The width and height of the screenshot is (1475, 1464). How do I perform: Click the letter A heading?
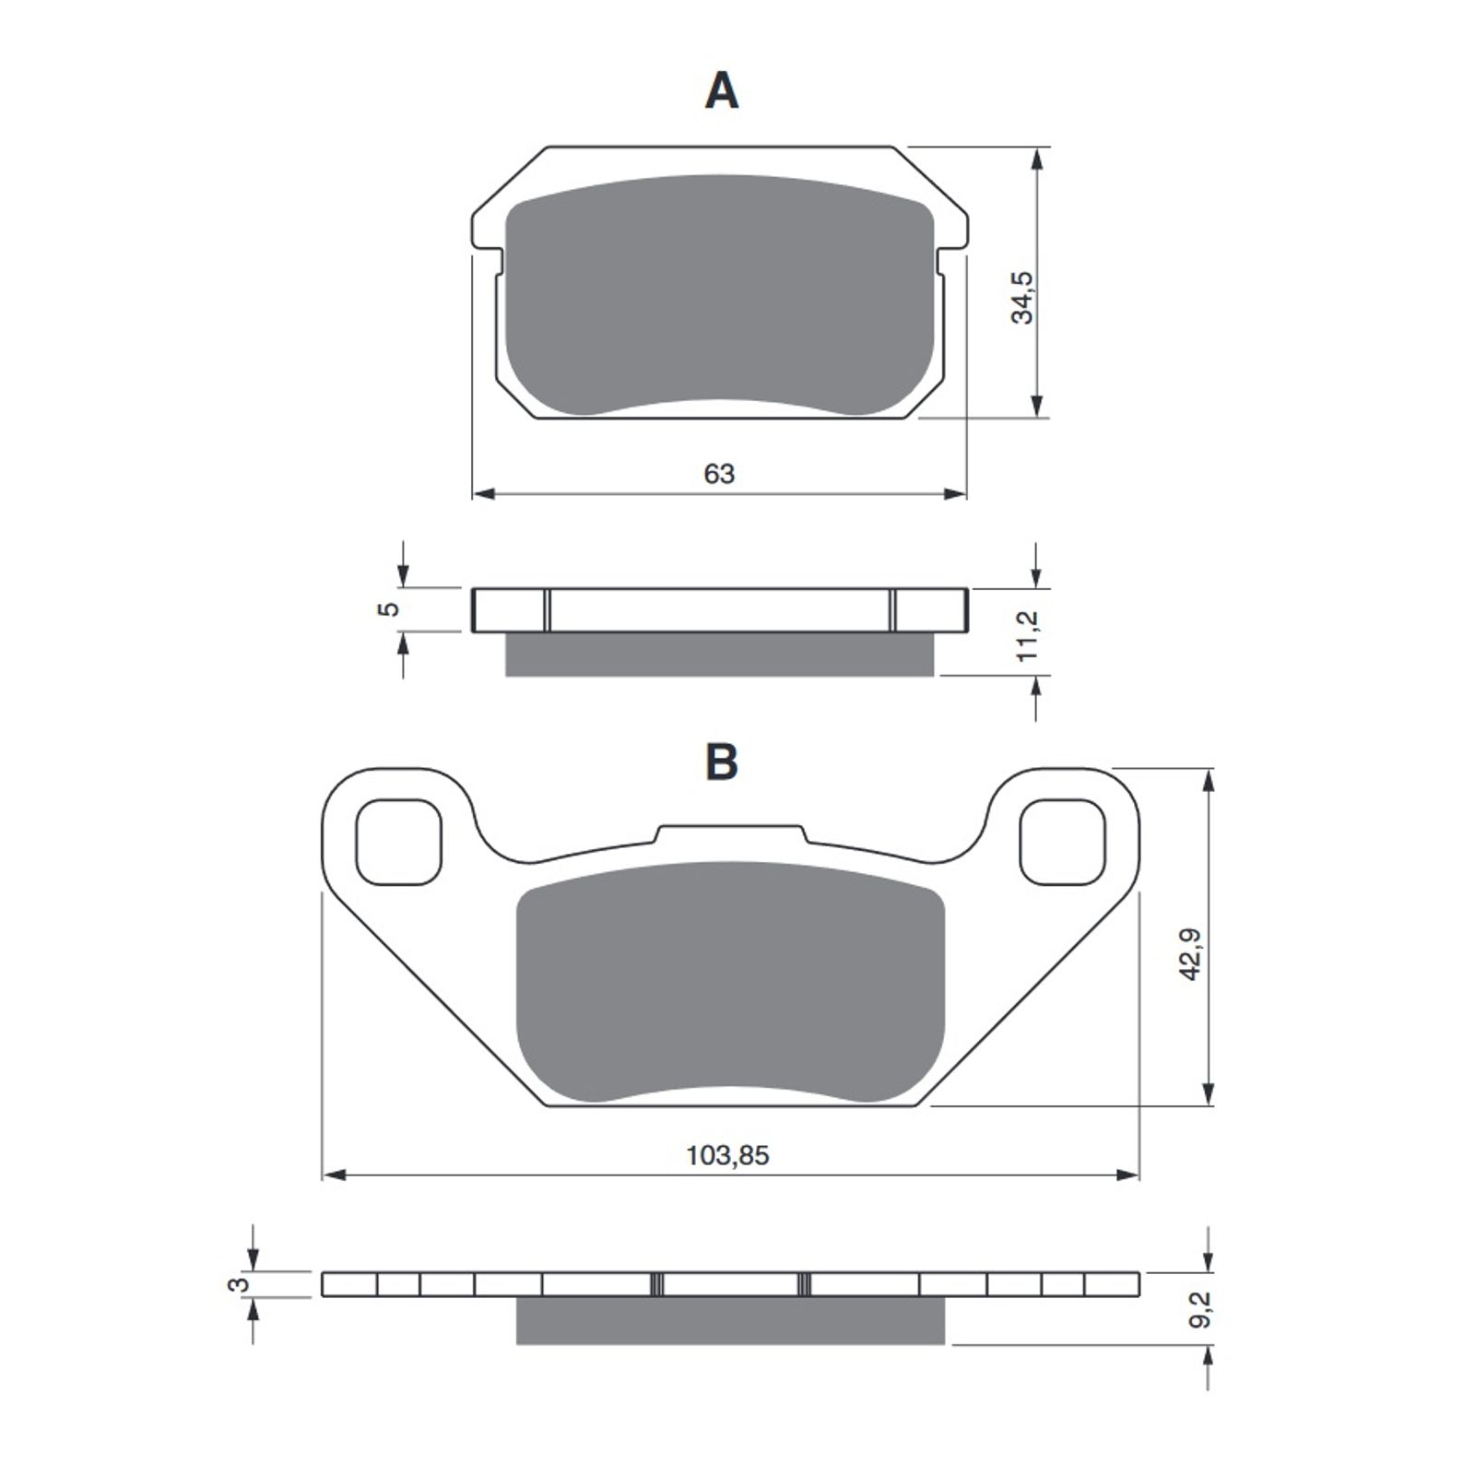[x=721, y=92]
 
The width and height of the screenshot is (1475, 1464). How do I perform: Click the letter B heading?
[x=721, y=763]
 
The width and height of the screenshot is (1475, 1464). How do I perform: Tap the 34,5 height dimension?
[x=1023, y=297]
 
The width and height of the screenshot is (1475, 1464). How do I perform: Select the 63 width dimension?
[x=719, y=474]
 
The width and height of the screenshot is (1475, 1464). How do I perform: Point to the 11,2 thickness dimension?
[x=1029, y=634]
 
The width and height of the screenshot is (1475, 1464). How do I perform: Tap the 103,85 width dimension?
[x=727, y=1155]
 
